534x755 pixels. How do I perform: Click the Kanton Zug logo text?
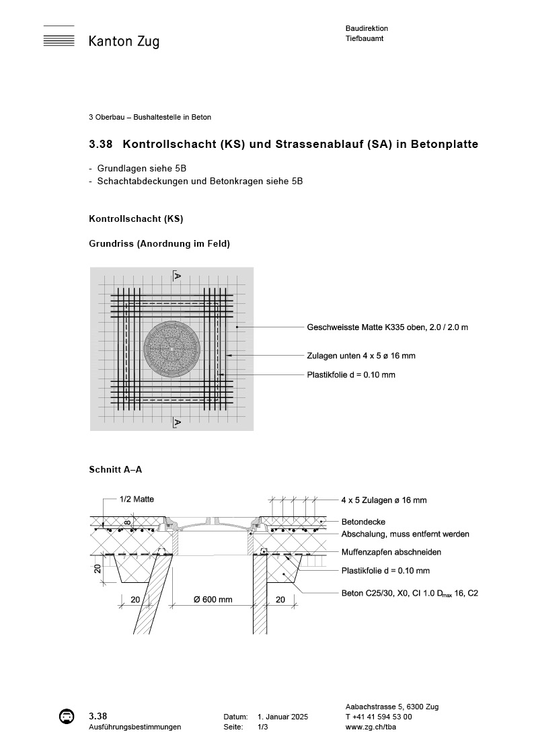[x=124, y=42]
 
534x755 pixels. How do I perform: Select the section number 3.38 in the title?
[x=100, y=144]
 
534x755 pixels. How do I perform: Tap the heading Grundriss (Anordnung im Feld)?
[x=159, y=243]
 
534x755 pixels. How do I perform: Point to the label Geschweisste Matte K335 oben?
[x=387, y=327]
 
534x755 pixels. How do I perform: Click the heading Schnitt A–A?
[x=115, y=469]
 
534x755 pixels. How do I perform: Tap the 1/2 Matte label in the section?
[x=137, y=500]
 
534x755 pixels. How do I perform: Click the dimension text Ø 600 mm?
[x=213, y=599]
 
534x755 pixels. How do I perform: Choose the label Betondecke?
[x=363, y=521]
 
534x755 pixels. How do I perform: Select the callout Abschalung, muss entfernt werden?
[x=405, y=534]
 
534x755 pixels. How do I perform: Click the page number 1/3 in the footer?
[x=262, y=727]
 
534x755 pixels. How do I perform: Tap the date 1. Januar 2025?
[x=282, y=717]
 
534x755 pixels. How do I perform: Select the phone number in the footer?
[x=379, y=717]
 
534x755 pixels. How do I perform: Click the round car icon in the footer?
[x=67, y=717]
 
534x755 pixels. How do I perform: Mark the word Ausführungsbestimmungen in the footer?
[x=135, y=727]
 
